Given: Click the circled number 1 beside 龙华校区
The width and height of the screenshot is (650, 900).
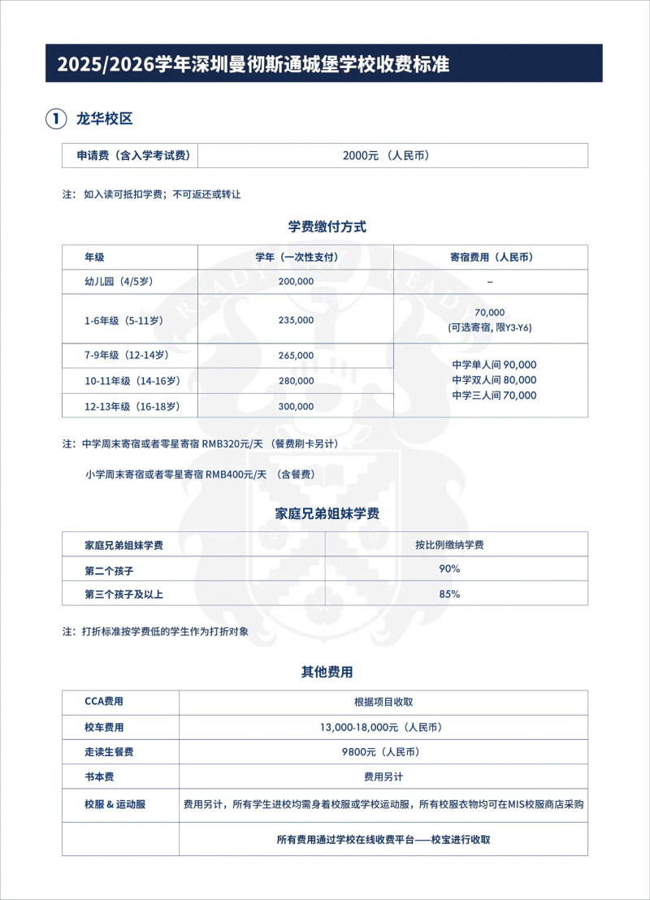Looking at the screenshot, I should pos(55,119).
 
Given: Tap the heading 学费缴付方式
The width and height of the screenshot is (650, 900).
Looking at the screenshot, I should pos(327,227).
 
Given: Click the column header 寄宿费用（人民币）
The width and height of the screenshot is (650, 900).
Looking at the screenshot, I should pos(491,257).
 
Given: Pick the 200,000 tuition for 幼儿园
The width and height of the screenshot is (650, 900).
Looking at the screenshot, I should pos(296,281).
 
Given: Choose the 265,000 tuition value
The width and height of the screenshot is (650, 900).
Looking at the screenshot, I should pos(296,356).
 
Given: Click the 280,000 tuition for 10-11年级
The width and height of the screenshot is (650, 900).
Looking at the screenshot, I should pos(296,381).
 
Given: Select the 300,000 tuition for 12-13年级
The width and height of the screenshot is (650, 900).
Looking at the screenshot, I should pos(296,406).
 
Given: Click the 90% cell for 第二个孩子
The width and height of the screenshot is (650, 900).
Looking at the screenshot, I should pos(449,569).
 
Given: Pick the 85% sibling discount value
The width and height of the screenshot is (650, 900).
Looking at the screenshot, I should pos(449,594).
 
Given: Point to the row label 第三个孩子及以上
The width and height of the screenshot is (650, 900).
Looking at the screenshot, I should pos(124,594).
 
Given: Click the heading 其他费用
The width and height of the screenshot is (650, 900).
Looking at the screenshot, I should pos(327,672).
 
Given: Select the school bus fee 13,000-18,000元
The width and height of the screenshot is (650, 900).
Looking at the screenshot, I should pos(381,727).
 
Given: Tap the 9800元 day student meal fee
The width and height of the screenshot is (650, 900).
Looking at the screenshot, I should pos(381,752).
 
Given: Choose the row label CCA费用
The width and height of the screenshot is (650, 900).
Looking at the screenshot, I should pos(104,702).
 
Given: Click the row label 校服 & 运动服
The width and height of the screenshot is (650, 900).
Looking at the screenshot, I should pos(115,805).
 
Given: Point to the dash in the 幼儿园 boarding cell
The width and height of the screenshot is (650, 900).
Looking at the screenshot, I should pos(491,282).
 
